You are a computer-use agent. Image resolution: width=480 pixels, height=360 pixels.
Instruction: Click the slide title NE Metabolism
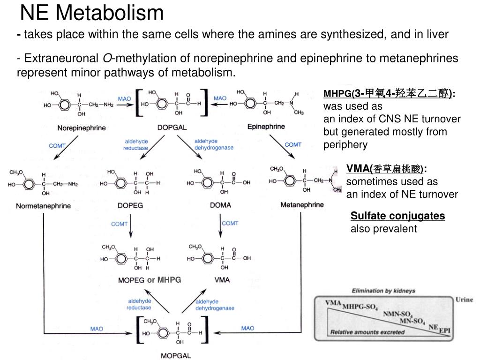(x=92, y=13)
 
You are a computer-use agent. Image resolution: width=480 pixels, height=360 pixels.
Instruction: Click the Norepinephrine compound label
(x=82, y=127)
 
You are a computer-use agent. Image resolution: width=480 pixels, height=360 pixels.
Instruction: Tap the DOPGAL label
(x=172, y=127)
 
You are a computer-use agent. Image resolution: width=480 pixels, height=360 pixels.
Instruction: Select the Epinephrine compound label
(x=266, y=127)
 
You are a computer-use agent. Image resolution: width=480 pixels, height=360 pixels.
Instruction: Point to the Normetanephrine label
(x=44, y=206)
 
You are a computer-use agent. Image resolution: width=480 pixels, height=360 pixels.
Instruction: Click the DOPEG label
(x=130, y=205)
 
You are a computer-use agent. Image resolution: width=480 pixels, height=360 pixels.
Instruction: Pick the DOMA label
(x=220, y=205)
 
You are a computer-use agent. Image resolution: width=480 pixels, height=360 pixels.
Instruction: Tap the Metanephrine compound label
(x=302, y=205)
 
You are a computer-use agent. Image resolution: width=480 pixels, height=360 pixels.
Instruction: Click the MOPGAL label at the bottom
(x=176, y=355)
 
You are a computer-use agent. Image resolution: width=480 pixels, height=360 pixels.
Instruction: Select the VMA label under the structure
(x=222, y=280)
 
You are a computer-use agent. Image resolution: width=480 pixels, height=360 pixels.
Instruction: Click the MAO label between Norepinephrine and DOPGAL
(x=124, y=99)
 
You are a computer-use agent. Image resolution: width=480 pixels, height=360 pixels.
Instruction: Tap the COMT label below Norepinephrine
(x=57, y=146)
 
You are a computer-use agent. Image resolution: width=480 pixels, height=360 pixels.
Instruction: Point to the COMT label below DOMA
(x=230, y=223)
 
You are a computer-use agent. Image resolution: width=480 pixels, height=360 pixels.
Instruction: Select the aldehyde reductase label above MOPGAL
(x=139, y=304)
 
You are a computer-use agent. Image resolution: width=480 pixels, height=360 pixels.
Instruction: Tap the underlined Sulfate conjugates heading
(x=397, y=216)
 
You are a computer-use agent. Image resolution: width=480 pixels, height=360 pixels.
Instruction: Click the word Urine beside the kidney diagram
(x=464, y=300)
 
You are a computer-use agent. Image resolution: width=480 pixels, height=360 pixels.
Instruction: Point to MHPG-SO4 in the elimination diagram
(x=360, y=307)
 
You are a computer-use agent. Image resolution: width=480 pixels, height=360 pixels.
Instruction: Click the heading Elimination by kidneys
(x=383, y=291)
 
